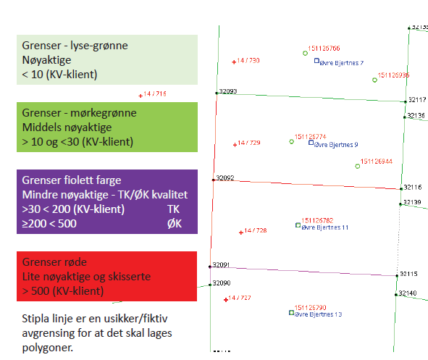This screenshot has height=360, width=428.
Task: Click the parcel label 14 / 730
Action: coord(248,61)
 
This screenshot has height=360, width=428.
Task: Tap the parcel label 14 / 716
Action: coord(155,94)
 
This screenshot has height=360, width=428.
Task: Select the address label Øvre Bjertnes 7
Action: coord(342,63)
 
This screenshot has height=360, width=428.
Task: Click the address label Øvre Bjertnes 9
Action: coord(336,145)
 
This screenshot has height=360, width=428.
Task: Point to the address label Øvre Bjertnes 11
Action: coord(325,227)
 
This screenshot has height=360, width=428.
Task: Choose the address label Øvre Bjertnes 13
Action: coord(318,314)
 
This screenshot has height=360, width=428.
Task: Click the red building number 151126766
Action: coord(324,49)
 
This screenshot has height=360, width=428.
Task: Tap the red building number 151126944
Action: coord(377,162)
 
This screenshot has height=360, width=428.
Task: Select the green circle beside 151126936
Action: coord(375,80)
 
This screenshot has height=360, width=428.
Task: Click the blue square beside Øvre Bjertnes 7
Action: coord(316,61)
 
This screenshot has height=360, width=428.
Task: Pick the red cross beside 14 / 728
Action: coord(241,233)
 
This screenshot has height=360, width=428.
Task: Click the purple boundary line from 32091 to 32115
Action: coord(303,272)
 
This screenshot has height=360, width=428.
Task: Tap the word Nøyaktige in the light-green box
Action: coord(46,60)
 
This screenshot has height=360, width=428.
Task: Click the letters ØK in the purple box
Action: coord(174,224)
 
